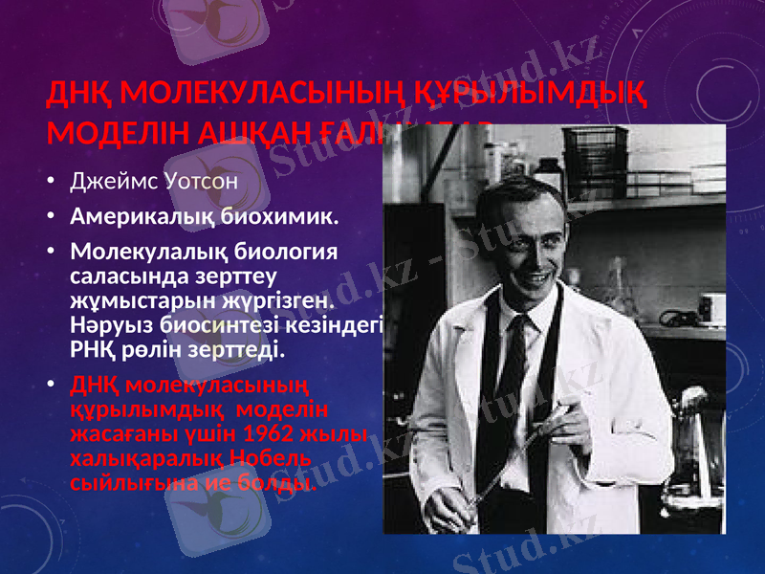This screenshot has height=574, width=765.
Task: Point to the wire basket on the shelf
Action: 595,153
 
